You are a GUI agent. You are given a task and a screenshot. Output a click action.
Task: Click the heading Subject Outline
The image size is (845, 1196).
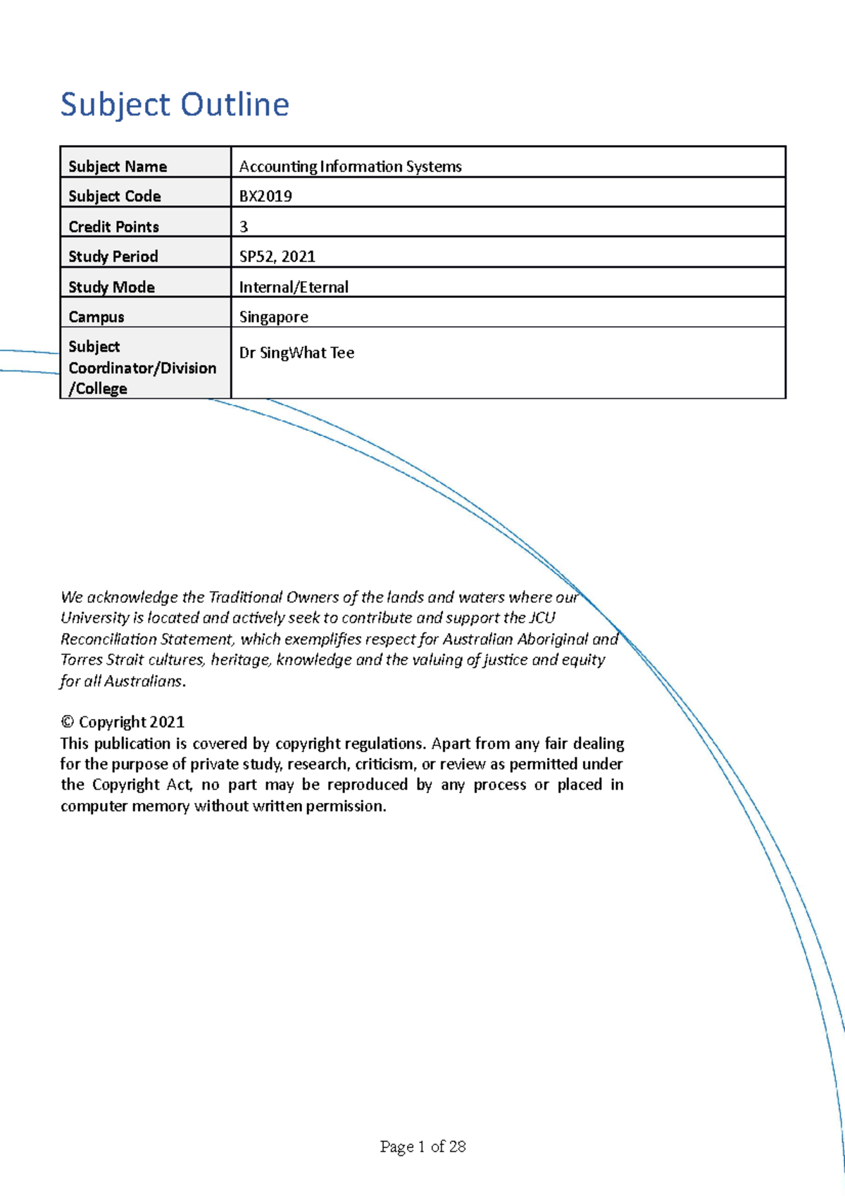click(x=175, y=104)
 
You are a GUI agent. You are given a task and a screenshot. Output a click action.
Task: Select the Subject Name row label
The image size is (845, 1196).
click(x=118, y=166)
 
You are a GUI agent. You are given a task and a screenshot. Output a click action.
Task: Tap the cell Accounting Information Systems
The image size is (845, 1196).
click(x=350, y=166)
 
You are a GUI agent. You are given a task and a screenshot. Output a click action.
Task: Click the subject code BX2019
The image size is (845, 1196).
click(x=265, y=197)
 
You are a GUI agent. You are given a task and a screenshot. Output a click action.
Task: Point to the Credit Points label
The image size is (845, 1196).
click(x=113, y=227)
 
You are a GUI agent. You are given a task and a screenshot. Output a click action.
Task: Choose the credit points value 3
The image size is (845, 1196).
click(x=244, y=227)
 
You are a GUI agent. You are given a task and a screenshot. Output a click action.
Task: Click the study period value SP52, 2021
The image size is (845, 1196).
click(x=277, y=256)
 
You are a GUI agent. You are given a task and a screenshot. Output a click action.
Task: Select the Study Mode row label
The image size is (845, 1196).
click(x=111, y=287)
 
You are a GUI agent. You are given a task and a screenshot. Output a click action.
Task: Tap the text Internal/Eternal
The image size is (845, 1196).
click(x=294, y=287)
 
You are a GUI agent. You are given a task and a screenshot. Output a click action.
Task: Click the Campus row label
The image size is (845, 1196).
click(x=96, y=317)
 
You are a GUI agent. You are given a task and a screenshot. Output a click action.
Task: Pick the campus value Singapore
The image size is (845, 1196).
click(x=273, y=317)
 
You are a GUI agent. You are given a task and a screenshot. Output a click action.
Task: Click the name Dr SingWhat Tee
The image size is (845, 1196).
click(x=296, y=353)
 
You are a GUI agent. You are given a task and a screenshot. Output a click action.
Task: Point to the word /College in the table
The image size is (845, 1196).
click(x=98, y=389)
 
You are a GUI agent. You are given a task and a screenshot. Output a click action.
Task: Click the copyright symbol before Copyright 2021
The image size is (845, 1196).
click(x=68, y=722)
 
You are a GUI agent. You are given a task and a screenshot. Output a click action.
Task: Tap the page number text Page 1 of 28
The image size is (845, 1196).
click(x=423, y=1147)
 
